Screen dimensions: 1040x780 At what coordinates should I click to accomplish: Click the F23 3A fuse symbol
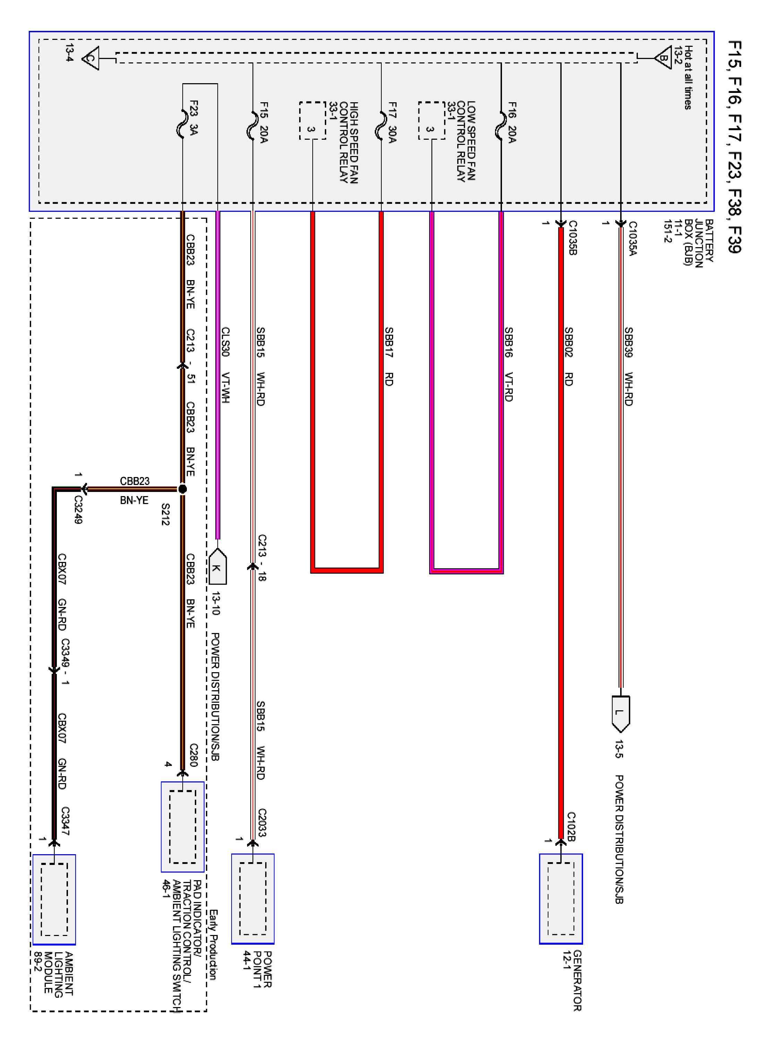(182, 124)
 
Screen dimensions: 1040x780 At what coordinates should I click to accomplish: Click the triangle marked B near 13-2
(663, 58)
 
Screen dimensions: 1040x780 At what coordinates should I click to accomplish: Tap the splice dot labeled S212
(182, 489)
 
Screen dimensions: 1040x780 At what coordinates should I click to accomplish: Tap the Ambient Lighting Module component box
(54, 899)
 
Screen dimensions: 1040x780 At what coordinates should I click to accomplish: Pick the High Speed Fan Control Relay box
(312, 120)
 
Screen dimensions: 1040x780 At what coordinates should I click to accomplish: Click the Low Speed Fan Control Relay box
(431, 120)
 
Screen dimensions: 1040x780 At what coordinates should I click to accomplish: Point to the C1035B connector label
(572, 238)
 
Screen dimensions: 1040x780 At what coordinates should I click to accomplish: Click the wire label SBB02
(569, 342)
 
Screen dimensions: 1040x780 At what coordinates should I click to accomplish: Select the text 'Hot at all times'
(687, 78)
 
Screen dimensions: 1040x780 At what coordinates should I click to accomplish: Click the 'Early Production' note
(213, 945)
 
